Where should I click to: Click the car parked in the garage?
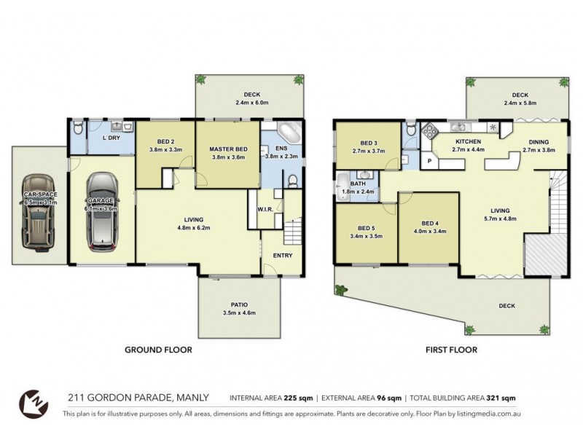pos(101,211)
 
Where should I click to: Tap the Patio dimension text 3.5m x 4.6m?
pos(239,312)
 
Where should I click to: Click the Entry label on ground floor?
pos(282,256)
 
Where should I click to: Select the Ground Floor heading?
pos(158,350)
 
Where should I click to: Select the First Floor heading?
pos(451,350)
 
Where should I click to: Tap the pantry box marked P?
pos(429,161)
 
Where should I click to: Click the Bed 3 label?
pos(368,142)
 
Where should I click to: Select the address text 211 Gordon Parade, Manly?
pos(138,398)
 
